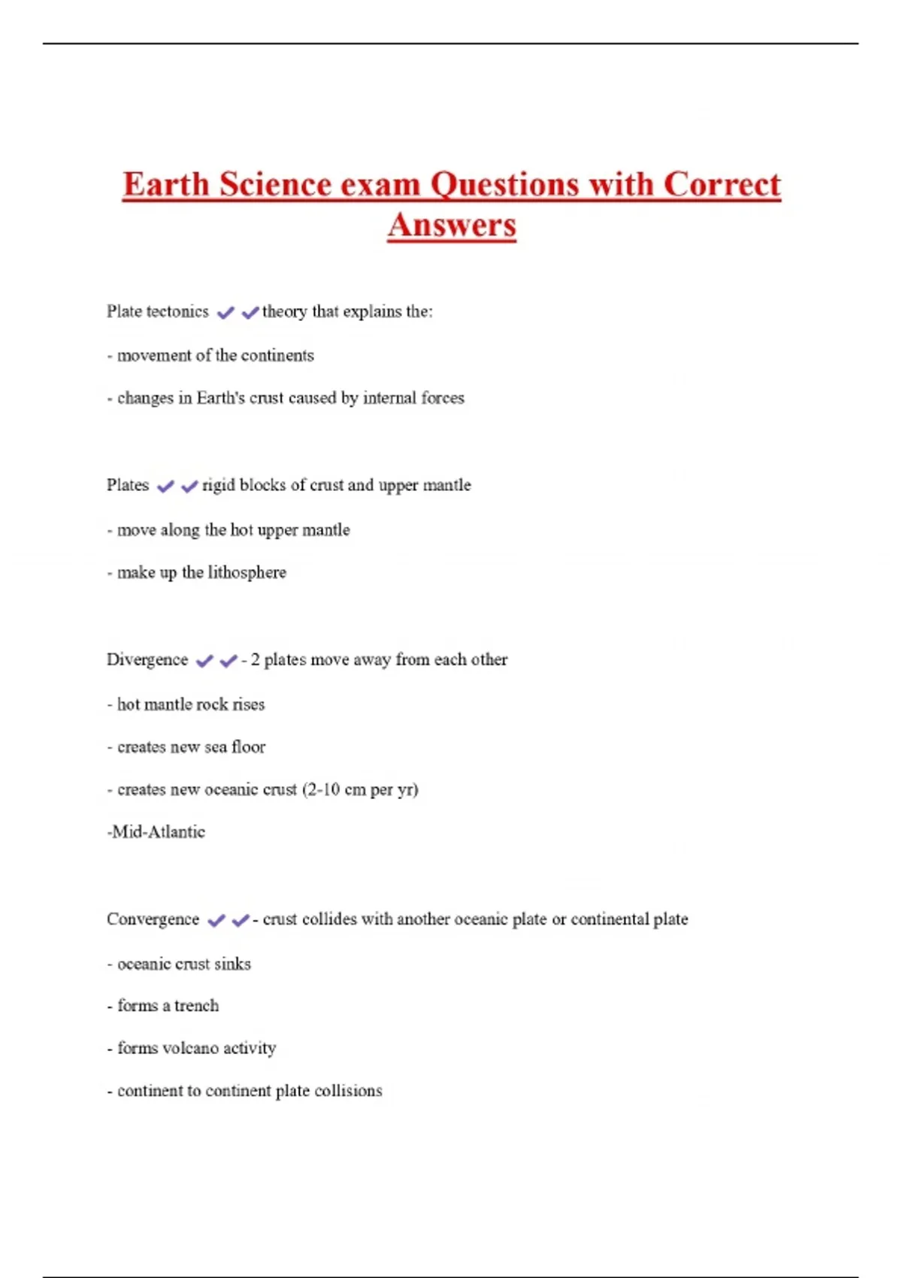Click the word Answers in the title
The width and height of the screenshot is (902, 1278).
452,225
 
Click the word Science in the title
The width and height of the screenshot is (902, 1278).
275,185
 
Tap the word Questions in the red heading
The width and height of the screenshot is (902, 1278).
504,185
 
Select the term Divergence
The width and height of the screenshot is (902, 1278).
147,660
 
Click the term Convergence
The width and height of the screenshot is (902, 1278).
153,919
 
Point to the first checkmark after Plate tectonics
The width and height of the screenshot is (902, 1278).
225,313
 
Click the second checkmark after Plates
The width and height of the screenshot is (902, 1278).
189,486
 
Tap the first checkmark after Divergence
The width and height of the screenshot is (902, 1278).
204,661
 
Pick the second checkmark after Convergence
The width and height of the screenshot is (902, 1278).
241,920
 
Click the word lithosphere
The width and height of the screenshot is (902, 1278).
247,573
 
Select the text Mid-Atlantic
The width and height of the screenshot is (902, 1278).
156,832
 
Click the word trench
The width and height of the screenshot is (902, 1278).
196,1006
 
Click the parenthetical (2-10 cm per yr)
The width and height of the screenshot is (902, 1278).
360,790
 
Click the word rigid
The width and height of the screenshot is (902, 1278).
218,486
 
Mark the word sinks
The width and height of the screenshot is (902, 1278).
232,964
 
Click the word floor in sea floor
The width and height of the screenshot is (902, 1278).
248,747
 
